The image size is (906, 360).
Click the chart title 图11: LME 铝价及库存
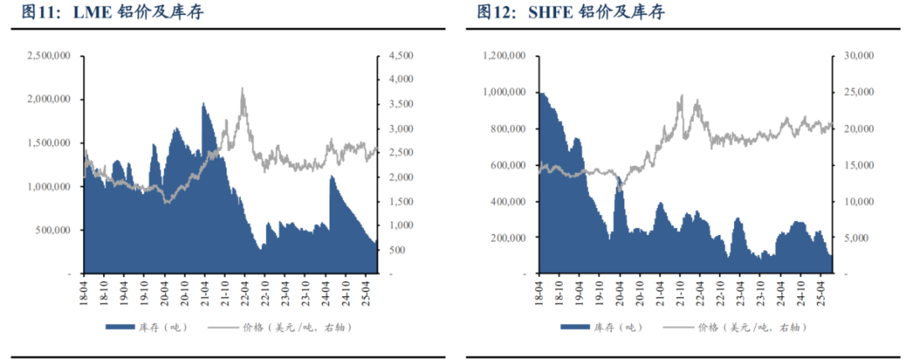pos(112,13)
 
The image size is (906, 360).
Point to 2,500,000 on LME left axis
pos(48,56)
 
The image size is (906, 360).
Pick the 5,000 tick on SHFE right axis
pos(855,237)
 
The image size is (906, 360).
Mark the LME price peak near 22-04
pos(243,89)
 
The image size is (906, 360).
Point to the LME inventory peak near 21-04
pos(204,104)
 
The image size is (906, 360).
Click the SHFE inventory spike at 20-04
pos(620,179)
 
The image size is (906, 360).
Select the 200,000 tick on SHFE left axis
pos(507,237)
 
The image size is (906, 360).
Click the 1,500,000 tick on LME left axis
pos(48,143)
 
